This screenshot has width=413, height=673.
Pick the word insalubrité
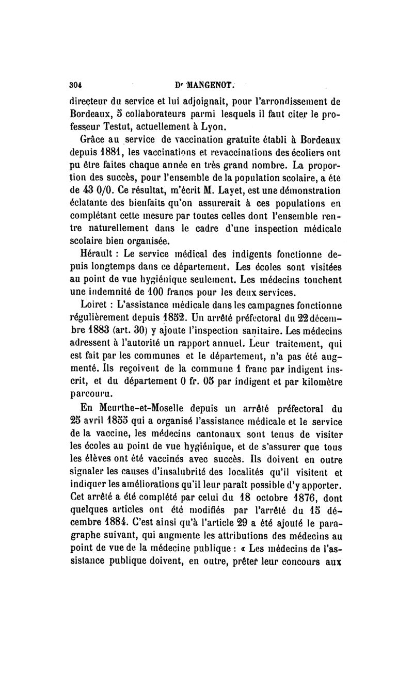pyautogui.click(x=183, y=470)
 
